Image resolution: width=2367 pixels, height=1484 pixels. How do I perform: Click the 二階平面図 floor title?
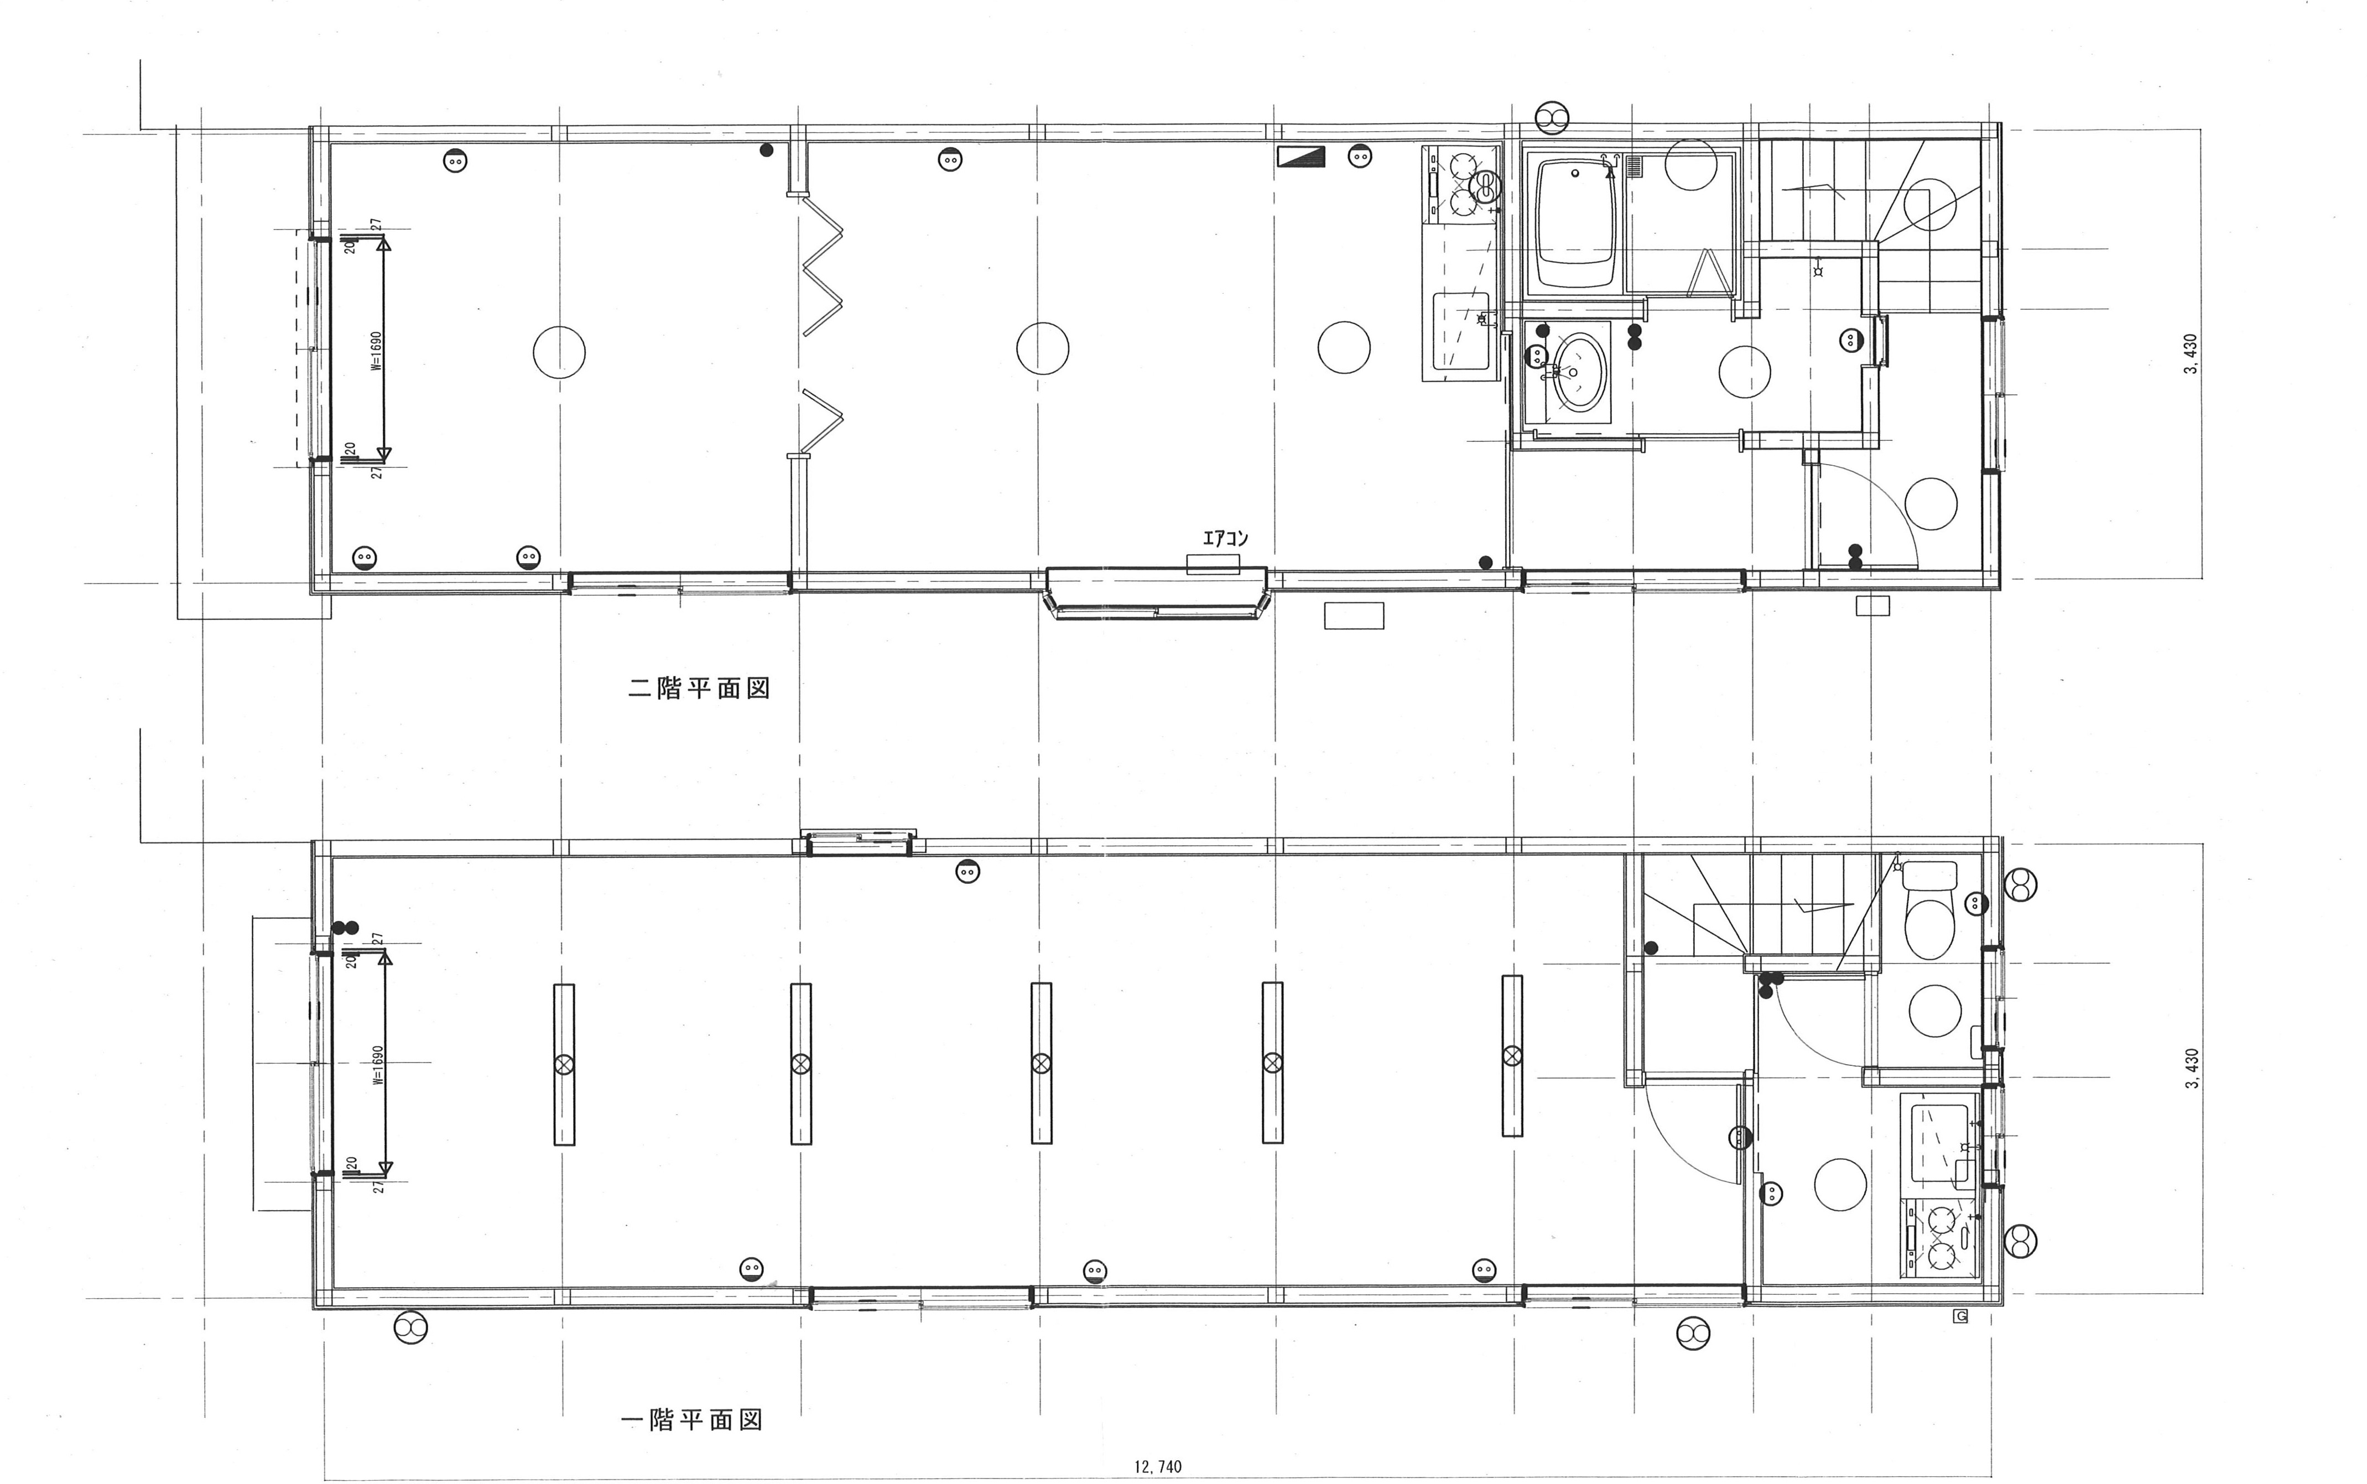pos(699,688)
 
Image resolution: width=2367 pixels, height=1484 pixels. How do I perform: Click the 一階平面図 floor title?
pos(693,1419)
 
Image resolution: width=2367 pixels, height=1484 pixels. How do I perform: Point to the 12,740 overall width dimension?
pos(1158,1466)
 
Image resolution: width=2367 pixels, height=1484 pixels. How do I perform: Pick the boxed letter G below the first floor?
pos(1961,1316)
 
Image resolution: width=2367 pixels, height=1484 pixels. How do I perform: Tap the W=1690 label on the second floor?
pos(376,350)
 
